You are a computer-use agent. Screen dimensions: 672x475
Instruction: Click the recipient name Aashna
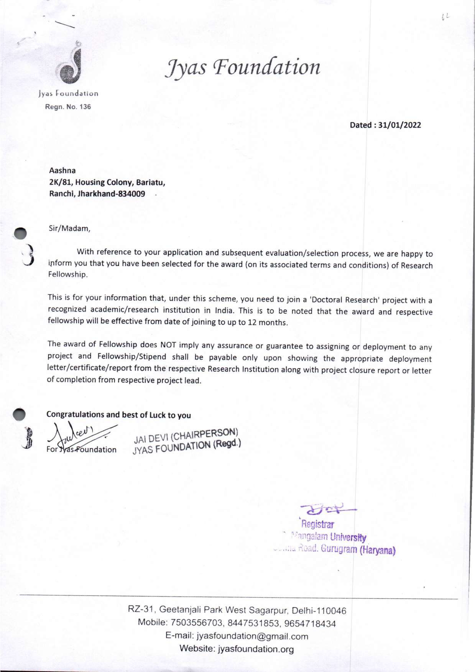pos(62,170)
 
